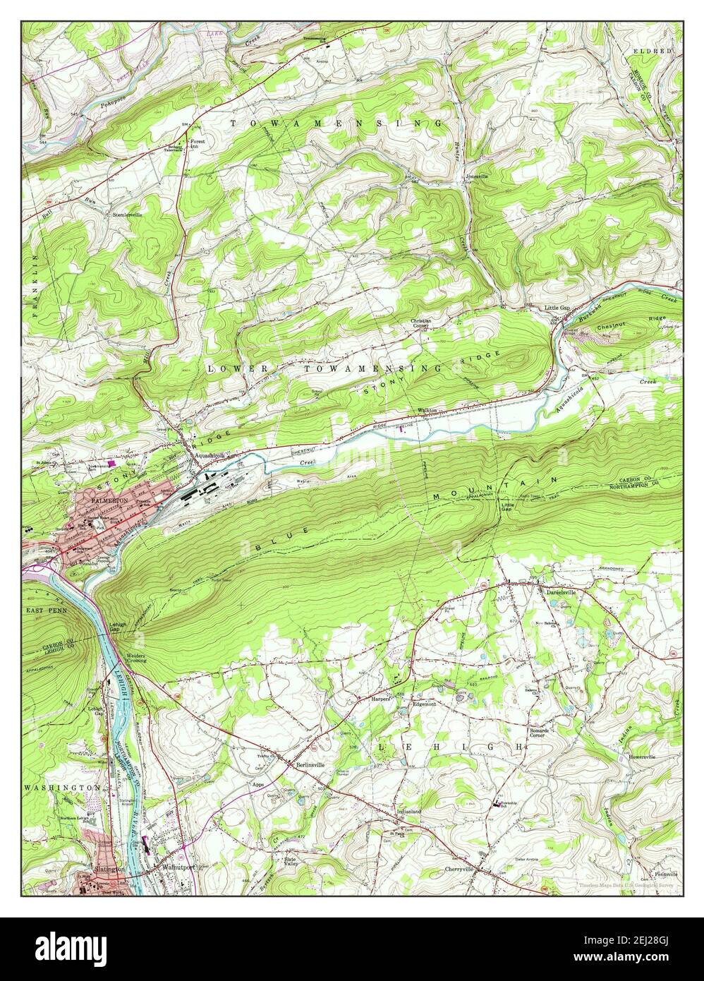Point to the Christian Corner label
click(x=421, y=323)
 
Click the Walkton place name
click(x=428, y=411)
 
